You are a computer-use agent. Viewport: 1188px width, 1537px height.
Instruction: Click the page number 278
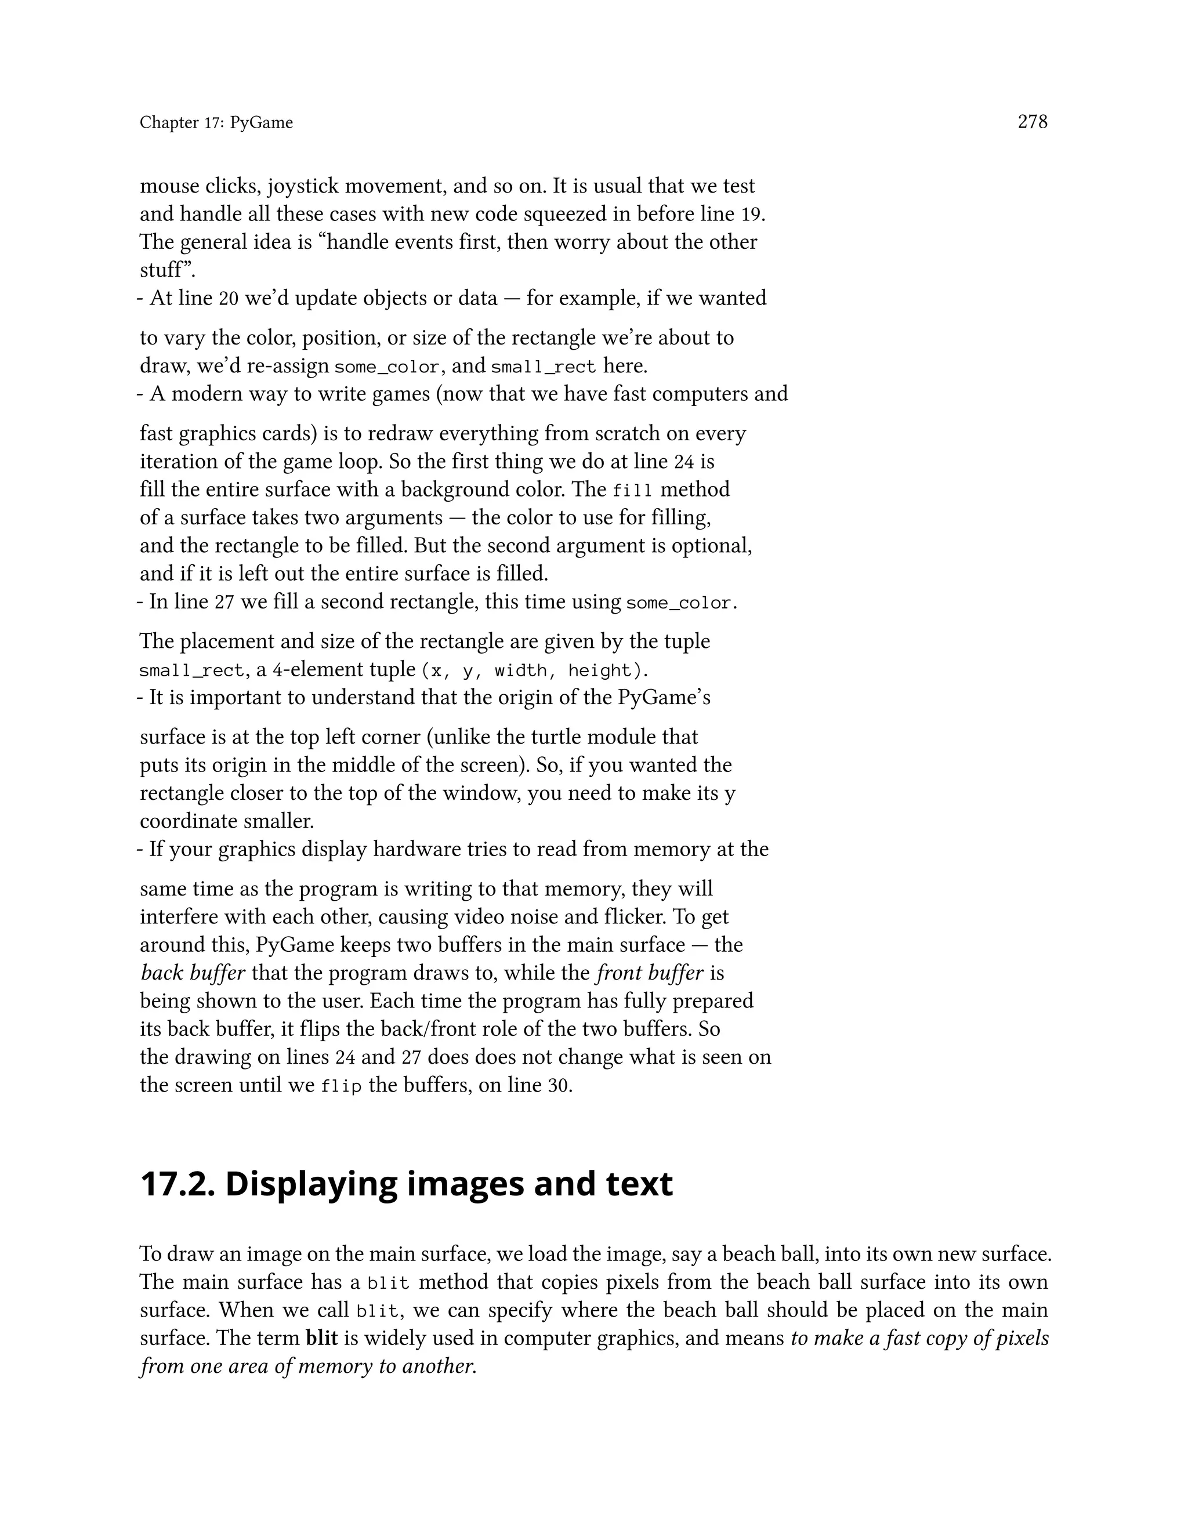pos(1033,122)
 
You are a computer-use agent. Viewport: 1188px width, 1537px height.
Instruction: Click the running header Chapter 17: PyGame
pos(216,123)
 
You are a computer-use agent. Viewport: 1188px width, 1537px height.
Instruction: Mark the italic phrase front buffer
pos(650,973)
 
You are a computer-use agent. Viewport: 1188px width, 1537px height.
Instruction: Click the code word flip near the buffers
pos(341,1086)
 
